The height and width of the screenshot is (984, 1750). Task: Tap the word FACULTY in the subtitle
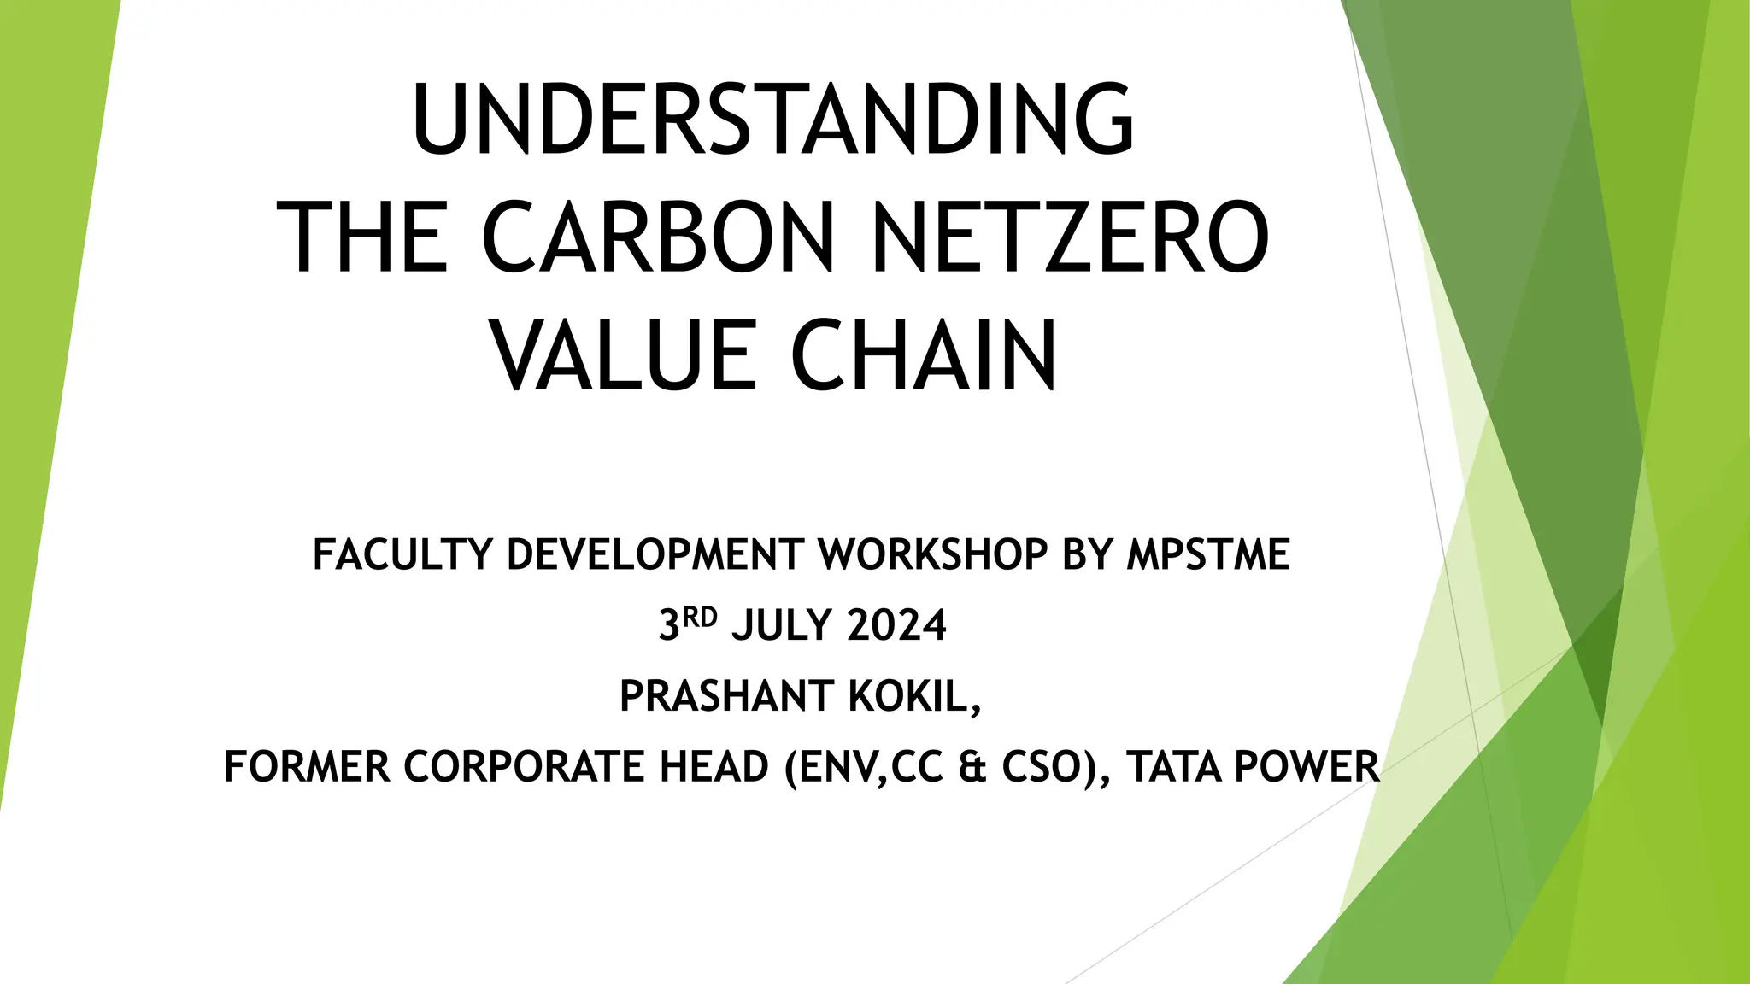coord(402,554)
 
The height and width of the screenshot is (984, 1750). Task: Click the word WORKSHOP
coord(933,554)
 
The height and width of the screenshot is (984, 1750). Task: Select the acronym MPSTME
coord(1208,554)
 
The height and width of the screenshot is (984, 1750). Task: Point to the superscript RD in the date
coord(699,617)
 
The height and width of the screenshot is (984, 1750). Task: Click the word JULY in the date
coord(782,625)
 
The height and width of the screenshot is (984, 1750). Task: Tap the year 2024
coord(897,625)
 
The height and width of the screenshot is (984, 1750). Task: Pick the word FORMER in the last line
coord(307,766)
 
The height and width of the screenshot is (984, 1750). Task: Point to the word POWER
coord(1307,766)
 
